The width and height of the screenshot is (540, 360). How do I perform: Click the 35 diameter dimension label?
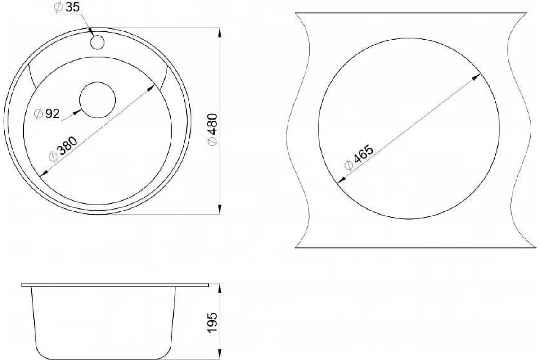pos(67,7)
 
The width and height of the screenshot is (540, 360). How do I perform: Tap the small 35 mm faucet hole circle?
pos(97,42)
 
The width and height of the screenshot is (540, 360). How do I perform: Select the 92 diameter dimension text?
pos(47,113)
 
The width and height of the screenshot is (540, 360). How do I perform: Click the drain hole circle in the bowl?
pos(97,100)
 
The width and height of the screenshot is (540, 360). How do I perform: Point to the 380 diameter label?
pos(63,149)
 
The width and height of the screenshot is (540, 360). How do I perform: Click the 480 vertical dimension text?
pos(212,129)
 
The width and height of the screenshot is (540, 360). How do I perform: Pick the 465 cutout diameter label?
pos(359,157)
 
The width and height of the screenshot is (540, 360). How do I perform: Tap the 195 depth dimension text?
pos(212,323)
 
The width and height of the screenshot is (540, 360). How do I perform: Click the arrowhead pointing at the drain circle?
pos(77,112)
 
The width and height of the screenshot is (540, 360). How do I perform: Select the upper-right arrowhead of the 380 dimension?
pos(151,88)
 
